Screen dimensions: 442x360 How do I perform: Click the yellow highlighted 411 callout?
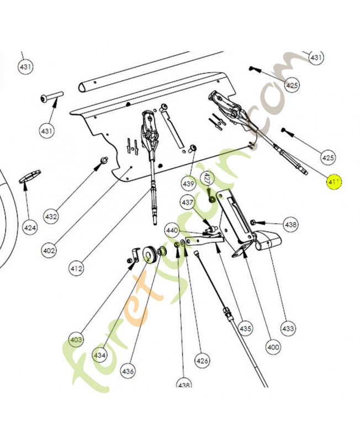click(335, 181)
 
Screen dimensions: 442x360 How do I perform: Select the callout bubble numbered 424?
click(30, 227)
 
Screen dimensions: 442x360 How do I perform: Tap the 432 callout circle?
click(51, 217)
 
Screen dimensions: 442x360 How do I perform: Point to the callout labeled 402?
click(49, 250)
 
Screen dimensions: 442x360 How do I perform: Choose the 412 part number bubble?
click(76, 269)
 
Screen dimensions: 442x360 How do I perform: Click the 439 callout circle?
click(189, 183)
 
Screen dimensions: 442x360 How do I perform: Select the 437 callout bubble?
click(187, 203)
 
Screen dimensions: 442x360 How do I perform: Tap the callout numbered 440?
click(172, 230)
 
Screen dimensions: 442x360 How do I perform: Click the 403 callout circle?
click(76, 339)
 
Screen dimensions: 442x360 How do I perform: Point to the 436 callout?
click(128, 371)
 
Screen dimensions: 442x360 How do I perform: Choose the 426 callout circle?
click(203, 361)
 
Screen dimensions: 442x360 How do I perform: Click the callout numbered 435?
click(245, 328)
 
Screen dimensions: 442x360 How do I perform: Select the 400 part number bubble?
click(273, 348)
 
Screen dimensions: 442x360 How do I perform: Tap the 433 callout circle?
click(288, 328)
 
